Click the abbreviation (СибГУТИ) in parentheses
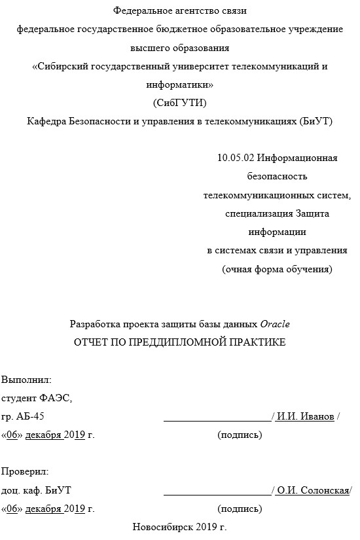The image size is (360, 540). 179,103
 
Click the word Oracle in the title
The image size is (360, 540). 275,324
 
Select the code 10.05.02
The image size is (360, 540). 236,158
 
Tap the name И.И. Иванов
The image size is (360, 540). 306,417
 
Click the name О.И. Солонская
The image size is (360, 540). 312,491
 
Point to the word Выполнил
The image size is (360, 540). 26,380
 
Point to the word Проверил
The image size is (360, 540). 25,471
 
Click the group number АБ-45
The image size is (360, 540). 31,417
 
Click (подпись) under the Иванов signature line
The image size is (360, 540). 240,435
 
